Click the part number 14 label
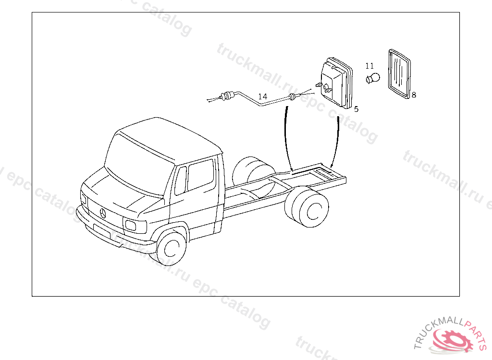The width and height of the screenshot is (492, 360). (x=262, y=96)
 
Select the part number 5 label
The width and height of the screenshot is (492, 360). (x=356, y=109)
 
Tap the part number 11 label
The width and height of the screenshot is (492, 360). (x=369, y=66)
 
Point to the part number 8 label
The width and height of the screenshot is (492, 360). (x=414, y=95)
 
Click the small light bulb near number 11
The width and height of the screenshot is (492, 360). (x=373, y=78)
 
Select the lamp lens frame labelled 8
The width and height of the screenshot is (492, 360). (x=399, y=74)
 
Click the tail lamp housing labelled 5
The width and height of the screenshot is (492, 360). (x=336, y=83)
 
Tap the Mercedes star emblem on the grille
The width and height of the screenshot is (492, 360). (x=103, y=214)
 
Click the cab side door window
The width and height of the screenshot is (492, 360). (x=200, y=175)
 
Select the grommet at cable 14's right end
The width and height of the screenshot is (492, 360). (x=292, y=97)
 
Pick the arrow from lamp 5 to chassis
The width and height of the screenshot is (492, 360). (x=337, y=142)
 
